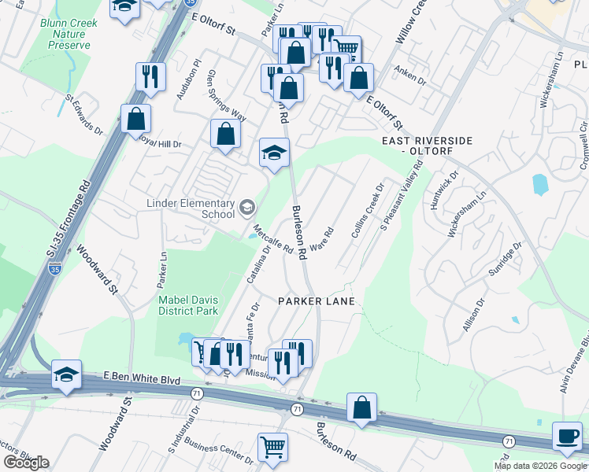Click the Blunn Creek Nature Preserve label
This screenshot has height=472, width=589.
(69, 34)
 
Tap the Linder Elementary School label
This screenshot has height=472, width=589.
(191, 208)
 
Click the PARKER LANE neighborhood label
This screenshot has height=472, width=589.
(317, 301)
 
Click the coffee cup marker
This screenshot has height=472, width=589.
(567, 436)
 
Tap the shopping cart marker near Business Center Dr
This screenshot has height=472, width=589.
(272, 446)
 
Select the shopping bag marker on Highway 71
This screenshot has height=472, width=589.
(361, 407)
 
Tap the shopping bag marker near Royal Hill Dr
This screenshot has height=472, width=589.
(136, 119)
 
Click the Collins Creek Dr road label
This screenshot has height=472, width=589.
(366, 211)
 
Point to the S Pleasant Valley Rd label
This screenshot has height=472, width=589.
(401, 197)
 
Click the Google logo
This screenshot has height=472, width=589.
(26, 463)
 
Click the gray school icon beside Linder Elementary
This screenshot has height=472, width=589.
(247, 208)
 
